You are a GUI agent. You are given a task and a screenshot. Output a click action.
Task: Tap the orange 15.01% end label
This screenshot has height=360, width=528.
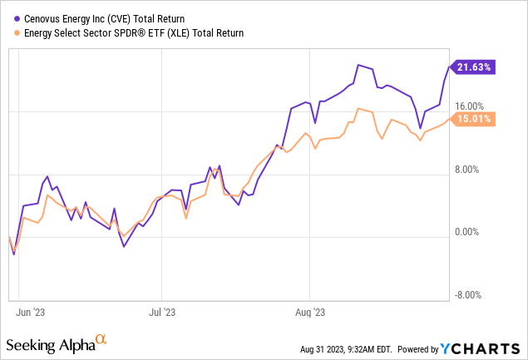(x=473, y=119)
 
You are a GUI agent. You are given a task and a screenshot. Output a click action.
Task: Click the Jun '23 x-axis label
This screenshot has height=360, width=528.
(x=31, y=313)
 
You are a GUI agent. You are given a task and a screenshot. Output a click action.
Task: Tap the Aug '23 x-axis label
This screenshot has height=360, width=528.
(x=309, y=313)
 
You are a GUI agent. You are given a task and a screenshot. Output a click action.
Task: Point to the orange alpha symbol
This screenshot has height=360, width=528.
(x=101, y=339)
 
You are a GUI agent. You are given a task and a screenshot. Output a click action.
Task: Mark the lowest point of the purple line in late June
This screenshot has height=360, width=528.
(x=123, y=247)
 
